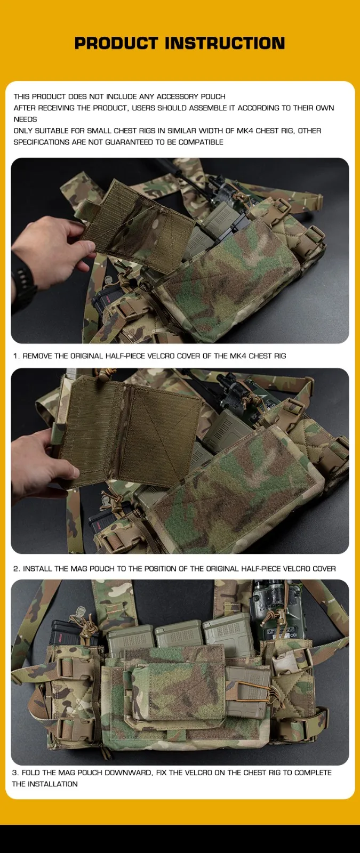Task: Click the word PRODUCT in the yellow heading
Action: coord(116,43)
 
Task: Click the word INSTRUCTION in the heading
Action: coord(225,43)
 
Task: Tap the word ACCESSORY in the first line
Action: coord(177,96)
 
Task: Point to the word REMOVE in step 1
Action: coord(37,356)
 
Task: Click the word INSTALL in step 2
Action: coord(37,569)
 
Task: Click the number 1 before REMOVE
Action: coord(15,356)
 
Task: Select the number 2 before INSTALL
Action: coord(16,569)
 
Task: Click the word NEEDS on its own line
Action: coord(25,119)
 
